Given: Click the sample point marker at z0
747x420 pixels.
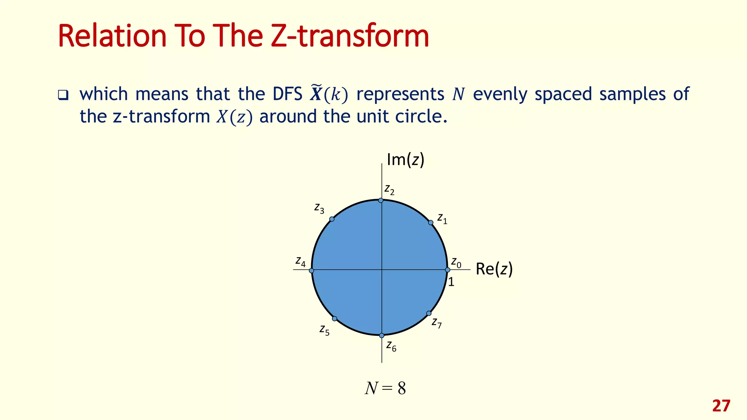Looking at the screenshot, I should click(x=448, y=270).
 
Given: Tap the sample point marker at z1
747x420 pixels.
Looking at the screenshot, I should click(x=430, y=222).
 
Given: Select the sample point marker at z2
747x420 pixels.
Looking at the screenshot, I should click(x=380, y=201).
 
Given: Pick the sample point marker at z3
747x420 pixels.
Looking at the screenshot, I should click(x=332, y=219).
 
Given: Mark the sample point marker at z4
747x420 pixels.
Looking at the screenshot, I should click(x=311, y=271).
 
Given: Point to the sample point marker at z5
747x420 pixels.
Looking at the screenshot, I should click(x=334, y=319).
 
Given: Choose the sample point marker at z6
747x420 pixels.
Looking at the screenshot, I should click(x=382, y=335).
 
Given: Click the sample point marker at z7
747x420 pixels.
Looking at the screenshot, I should click(x=429, y=314).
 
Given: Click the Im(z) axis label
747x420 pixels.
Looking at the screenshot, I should click(x=405, y=160).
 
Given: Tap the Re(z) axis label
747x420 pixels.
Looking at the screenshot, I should click(x=494, y=269).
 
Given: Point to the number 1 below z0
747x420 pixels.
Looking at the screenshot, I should click(x=451, y=282).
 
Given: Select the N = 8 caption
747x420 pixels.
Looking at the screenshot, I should click(x=385, y=389).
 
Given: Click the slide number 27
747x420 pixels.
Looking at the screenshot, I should click(x=721, y=406).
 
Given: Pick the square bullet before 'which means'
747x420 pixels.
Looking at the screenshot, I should click(x=63, y=96).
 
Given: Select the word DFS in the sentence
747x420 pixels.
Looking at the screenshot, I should click(x=287, y=94).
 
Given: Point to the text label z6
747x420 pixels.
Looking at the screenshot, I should click(x=391, y=346).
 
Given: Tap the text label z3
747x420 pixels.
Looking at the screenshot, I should click(x=319, y=209).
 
